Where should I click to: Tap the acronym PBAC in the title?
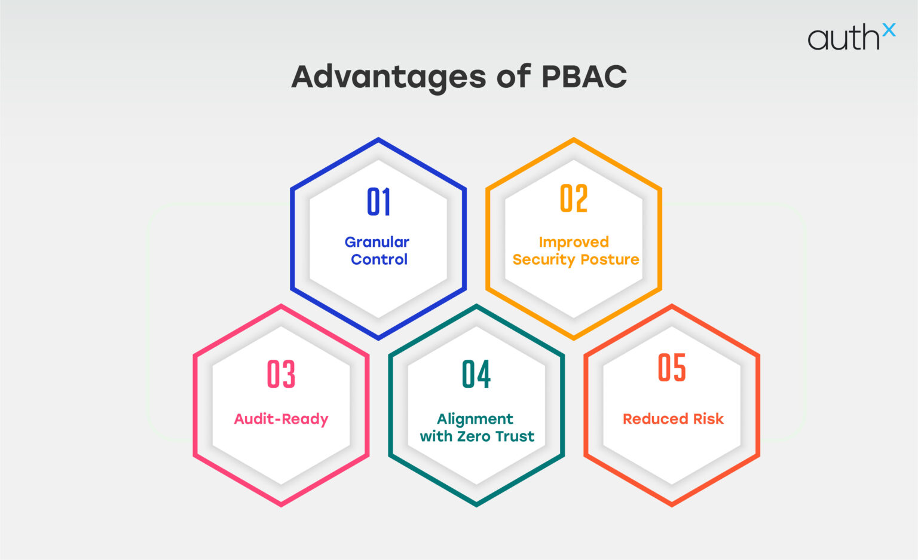[584, 76]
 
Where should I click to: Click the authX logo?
[850, 37]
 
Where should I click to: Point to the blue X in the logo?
[889, 30]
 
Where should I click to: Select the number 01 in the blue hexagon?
[379, 202]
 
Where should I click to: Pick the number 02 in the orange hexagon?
[574, 199]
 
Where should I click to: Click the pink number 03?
[281, 375]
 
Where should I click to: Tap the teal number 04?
[476, 375]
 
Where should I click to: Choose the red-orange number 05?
[672, 368]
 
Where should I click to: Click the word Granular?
[377, 242]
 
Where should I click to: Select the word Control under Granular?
[379, 259]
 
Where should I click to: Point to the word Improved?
[574, 242]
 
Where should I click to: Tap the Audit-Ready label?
[281, 419]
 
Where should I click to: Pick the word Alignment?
[475, 419]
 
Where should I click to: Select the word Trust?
[515, 436]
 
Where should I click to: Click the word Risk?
[708, 419]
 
